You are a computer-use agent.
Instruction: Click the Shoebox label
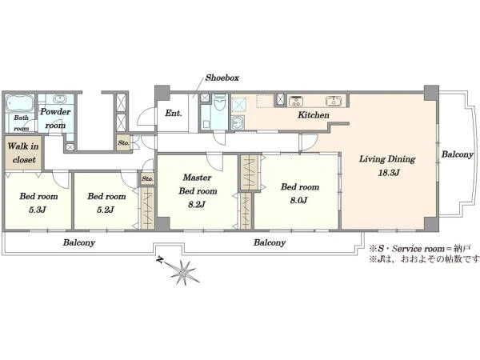pos(222,78)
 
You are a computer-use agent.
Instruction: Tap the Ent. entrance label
pos(174,114)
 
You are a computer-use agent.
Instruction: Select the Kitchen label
pos(314,115)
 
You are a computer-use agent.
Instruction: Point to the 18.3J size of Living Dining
pos(389,173)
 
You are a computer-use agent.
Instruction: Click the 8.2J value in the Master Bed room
pos(197,205)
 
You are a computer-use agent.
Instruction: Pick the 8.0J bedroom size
pos(298,201)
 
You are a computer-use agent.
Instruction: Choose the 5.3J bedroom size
pos(38,210)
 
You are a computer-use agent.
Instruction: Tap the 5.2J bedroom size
pos(106,210)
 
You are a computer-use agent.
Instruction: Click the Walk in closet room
pos(23,153)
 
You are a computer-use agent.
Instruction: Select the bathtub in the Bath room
pos(19,104)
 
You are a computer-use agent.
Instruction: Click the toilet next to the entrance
pos(219,102)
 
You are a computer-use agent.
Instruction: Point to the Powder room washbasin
pos(60,99)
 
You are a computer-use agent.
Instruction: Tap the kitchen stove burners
pos(296,101)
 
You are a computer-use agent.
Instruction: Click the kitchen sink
pos(334,101)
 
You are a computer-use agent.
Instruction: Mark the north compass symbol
pos(180,271)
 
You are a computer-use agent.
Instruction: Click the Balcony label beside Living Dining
pos(457,154)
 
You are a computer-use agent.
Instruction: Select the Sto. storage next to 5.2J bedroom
pos(147,178)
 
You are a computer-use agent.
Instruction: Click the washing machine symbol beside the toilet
pos(238,122)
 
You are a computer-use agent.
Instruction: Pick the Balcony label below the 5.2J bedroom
pos(79,242)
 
